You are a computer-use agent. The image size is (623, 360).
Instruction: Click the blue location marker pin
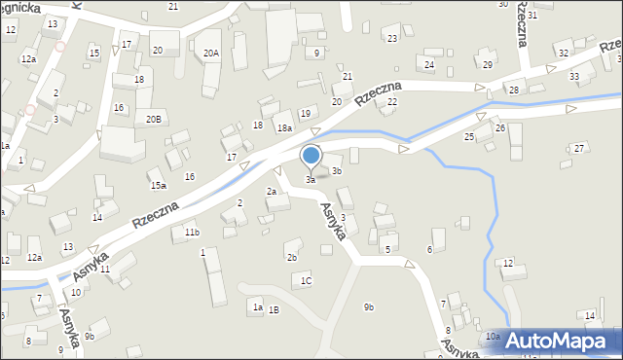point(311,156)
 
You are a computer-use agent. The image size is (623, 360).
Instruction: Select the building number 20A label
point(211,54)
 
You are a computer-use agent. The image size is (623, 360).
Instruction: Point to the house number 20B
point(153,119)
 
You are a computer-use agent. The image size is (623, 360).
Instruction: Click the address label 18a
point(284,128)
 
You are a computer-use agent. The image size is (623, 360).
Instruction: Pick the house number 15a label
point(158,185)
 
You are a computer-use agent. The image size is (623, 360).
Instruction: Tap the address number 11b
point(192,233)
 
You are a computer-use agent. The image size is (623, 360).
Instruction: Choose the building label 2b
point(291,258)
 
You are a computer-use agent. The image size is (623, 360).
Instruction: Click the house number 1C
point(306,280)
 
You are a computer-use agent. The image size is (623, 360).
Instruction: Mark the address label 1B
point(275,309)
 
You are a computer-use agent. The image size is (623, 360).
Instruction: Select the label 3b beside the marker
point(337,171)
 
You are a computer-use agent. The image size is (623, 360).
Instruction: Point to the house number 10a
point(493,336)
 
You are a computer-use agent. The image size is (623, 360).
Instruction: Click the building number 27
point(579,148)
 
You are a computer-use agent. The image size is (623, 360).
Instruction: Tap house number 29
point(488,64)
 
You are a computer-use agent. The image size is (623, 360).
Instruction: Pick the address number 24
point(429,64)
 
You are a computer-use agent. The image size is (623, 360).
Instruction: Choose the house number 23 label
point(392,38)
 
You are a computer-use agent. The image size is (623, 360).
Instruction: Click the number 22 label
point(392,101)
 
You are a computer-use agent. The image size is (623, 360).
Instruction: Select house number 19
point(306,114)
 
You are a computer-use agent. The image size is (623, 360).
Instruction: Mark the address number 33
point(574,76)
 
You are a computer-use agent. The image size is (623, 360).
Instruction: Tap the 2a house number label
point(273,192)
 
